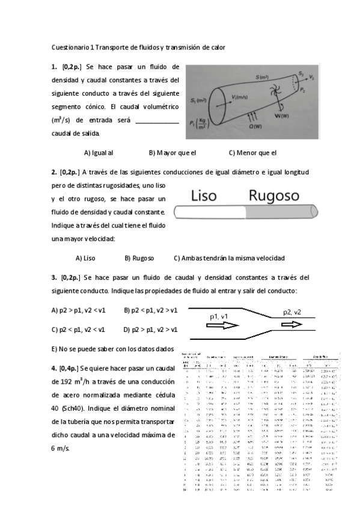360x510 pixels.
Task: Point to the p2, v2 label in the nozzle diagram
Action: coord(296,312)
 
